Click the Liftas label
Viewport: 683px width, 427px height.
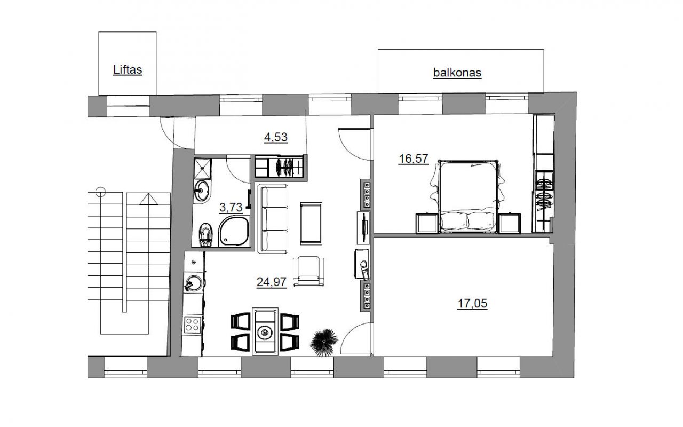coord(128,70)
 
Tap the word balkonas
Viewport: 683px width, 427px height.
coord(457,73)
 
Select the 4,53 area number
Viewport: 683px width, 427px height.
coord(276,138)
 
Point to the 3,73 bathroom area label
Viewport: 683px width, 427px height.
coord(231,208)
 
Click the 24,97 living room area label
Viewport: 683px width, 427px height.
coord(272,282)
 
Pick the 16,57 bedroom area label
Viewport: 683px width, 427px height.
coord(414,159)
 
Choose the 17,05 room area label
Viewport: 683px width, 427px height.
coord(472,304)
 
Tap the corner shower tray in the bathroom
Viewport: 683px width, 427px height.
coord(234,231)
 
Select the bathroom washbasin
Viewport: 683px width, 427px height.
coord(202,191)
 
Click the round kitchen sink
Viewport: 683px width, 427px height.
coord(193,283)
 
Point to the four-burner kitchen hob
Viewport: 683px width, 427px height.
coord(193,325)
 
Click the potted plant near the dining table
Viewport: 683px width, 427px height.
coord(323,342)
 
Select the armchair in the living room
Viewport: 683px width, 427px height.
coord(308,272)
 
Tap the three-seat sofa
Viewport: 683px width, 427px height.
coord(273,218)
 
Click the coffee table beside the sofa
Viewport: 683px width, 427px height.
coord(311,224)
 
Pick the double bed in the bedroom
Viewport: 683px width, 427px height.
coord(468,197)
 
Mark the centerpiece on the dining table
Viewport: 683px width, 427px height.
coord(264,332)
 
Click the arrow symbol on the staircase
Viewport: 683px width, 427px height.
coord(149,199)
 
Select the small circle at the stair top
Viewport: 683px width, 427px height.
coord(101,192)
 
